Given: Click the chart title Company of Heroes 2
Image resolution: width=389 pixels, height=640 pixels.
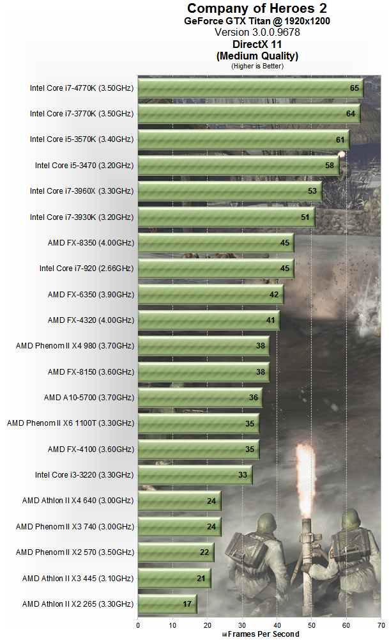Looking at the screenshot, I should (257, 8).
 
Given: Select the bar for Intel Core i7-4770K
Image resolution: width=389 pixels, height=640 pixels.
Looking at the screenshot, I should (250, 88).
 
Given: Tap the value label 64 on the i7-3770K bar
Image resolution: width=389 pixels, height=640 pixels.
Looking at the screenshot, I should (350, 114).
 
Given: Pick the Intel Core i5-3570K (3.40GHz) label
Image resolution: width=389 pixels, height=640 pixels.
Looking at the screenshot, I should (82, 139).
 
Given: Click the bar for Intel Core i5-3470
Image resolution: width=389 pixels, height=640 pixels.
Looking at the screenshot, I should (238, 166).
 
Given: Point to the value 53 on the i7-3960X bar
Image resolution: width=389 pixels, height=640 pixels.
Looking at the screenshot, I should (312, 191).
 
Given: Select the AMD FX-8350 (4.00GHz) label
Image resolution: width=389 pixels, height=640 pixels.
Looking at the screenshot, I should (91, 243).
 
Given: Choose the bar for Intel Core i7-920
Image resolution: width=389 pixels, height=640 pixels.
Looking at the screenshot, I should (215, 269).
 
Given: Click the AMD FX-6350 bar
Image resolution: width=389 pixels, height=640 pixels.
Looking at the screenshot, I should (210, 295).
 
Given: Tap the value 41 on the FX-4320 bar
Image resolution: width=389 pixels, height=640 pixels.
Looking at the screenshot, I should (271, 320).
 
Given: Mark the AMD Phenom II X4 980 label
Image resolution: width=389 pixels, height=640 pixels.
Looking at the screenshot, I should (75, 346).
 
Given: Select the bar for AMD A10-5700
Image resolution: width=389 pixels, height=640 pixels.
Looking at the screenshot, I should (200, 398).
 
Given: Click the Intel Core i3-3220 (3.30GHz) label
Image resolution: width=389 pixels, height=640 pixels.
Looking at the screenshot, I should (84, 475).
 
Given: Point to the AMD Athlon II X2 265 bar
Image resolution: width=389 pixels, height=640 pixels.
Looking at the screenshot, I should (167, 604).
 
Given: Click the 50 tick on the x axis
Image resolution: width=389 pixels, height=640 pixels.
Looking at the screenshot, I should (311, 625).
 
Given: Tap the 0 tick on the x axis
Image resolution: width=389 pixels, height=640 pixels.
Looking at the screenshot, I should (138, 625).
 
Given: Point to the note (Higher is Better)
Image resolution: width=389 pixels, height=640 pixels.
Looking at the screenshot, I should (257, 65).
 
